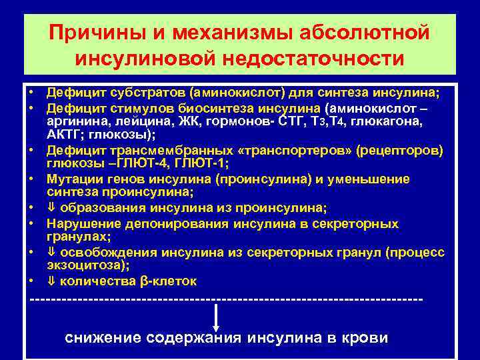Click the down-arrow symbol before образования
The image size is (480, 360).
tap(51, 208)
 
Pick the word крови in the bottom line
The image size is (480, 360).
tap(364, 337)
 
